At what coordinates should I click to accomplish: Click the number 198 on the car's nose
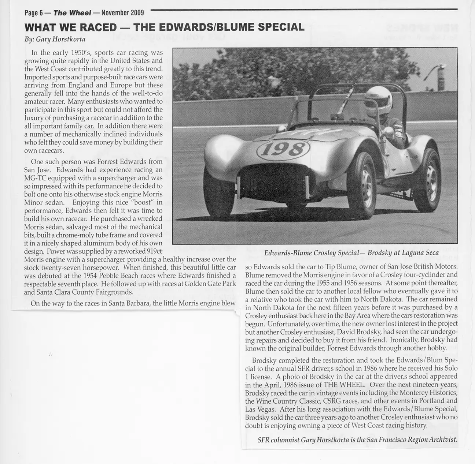tap(284, 149)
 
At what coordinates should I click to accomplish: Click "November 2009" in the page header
tap(123, 13)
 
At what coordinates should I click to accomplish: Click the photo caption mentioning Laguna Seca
tap(346, 252)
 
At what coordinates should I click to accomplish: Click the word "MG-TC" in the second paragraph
tap(35, 178)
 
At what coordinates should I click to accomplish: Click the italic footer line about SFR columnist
tap(358, 439)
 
